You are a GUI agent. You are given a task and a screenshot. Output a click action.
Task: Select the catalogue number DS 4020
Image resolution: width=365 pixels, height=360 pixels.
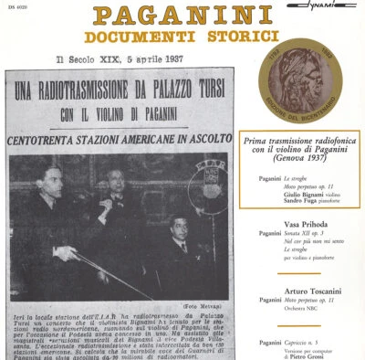click(19, 7)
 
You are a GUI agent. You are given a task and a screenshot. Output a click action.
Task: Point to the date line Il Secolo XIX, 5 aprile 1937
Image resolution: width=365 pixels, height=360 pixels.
click(118, 58)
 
